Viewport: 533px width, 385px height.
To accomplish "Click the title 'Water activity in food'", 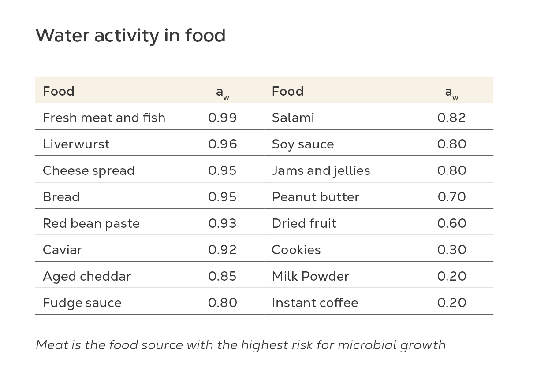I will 130,36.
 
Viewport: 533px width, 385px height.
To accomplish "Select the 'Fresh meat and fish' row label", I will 104,118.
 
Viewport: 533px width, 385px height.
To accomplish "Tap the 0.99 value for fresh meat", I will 222,118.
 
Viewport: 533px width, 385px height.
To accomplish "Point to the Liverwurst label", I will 76,144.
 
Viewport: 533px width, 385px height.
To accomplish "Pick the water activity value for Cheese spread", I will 222,170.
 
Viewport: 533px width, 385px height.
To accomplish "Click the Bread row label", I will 61,197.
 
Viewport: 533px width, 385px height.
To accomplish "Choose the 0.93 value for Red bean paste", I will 222,223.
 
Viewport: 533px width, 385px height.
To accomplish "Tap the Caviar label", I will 62,250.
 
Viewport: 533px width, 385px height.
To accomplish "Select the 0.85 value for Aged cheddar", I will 222,276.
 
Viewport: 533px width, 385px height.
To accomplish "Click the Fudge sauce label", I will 82,303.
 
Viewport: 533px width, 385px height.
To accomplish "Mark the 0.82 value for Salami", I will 451,118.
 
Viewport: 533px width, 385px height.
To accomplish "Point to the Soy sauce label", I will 303,144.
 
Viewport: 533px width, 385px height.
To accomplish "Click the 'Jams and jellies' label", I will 321,170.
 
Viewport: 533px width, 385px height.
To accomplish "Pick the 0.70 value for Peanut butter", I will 451,197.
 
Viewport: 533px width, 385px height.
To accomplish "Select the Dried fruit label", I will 304,223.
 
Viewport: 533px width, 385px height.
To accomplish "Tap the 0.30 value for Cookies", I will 451,250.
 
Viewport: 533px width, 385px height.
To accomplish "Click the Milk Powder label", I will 310,276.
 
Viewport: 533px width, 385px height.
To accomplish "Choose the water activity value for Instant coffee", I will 451,303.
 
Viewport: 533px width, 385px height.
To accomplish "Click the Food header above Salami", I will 287,91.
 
